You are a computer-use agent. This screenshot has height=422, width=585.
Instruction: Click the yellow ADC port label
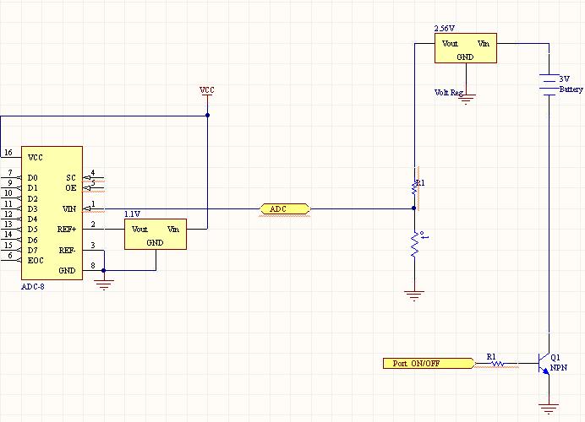point(285,209)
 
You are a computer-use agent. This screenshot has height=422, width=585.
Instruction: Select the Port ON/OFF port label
point(429,363)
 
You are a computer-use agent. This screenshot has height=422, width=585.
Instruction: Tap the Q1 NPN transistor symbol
point(544,363)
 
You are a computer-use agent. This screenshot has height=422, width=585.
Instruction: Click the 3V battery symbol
point(549,85)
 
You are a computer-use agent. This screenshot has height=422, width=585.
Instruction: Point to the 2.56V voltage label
point(445,29)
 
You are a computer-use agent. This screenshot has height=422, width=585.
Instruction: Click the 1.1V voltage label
point(132,214)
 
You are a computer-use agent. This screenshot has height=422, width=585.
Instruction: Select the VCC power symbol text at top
point(207,90)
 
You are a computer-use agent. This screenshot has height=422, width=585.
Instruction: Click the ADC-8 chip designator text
point(33,287)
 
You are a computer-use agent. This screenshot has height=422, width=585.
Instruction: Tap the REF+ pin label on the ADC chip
point(67,229)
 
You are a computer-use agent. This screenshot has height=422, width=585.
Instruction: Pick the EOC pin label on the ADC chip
point(36,260)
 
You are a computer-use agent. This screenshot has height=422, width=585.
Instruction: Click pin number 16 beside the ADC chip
point(8,152)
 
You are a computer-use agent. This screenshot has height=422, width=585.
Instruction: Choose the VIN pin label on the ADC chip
point(69,209)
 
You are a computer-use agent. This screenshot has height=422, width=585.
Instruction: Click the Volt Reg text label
point(449,92)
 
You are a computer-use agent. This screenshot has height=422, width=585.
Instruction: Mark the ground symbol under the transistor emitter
point(549,408)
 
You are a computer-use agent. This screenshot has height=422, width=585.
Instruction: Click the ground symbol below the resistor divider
point(414,295)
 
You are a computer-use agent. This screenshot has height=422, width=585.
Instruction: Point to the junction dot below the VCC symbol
point(207,115)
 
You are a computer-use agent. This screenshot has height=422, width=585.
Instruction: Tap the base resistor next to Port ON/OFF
point(496,363)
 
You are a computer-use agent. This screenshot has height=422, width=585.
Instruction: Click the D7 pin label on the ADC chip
point(32,250)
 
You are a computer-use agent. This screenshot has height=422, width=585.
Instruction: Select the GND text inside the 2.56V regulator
point(465,57)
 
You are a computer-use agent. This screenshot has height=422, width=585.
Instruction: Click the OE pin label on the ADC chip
point(71,187)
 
